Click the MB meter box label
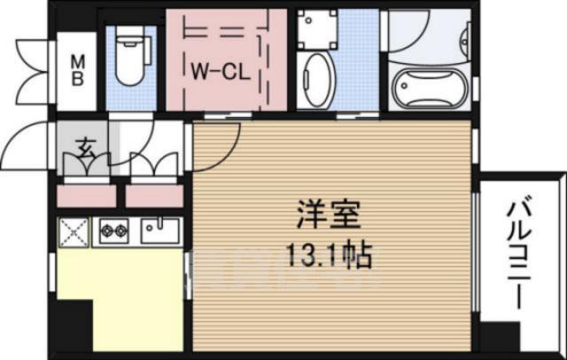click(78, 69)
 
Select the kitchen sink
click(160, 232)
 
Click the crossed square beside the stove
click(74, 233)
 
